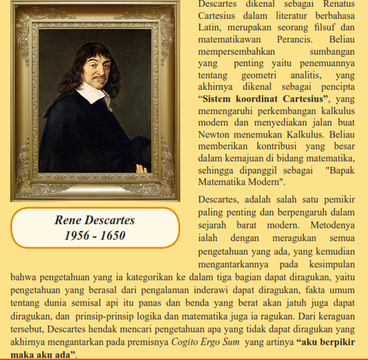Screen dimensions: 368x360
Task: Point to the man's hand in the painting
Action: tap(142, 168)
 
